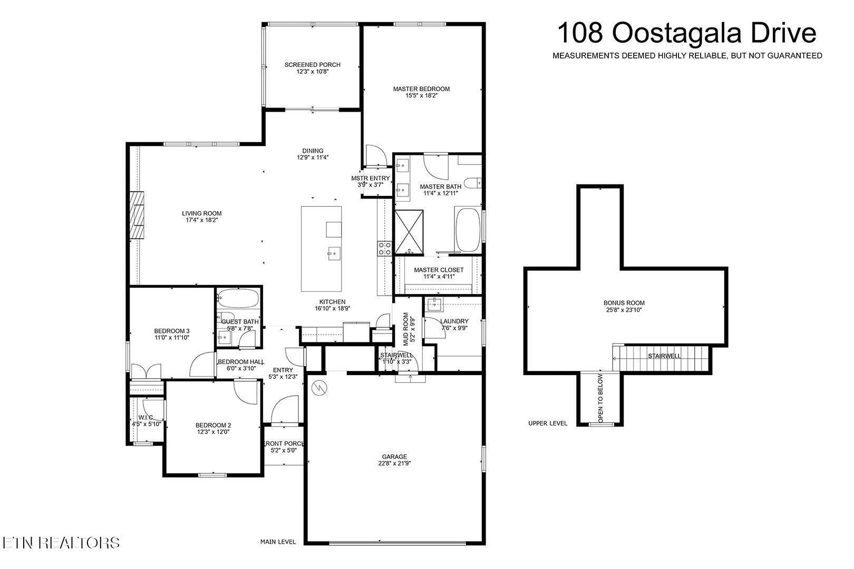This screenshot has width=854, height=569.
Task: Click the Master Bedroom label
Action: coord(421,89)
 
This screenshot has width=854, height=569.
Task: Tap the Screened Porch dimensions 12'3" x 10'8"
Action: coord(313,72)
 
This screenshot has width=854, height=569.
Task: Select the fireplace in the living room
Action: coord(137,215)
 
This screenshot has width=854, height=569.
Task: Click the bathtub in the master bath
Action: coord(468,230)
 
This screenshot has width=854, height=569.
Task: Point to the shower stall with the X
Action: coord(409,232)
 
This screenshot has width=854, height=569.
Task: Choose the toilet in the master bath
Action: coord(473,183)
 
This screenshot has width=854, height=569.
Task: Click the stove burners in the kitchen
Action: coord(384,249)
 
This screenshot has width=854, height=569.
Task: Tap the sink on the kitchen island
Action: coord(334,253)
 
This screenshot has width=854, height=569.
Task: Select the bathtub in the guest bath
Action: coord(238,298)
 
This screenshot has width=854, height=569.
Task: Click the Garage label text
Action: coord(394,457)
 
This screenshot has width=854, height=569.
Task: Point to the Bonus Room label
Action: coord(624,303)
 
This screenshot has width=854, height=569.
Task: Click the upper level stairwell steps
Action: coord(664,358)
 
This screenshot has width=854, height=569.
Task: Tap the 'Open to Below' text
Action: coord(600,398)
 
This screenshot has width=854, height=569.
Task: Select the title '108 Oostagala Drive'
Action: coord(687,33)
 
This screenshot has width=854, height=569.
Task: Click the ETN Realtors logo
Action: coord(61,543)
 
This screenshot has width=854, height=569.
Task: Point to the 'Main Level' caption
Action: coord(278,542)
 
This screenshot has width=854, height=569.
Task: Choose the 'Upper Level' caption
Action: coord(548,423)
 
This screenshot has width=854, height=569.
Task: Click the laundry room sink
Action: coord(434,305)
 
